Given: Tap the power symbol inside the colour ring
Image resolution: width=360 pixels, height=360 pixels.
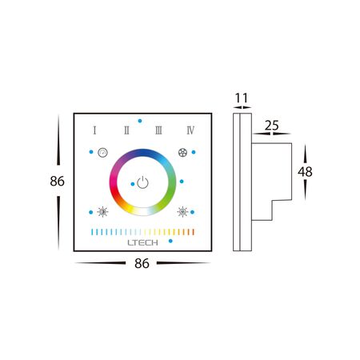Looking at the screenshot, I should click(x=142, y=182).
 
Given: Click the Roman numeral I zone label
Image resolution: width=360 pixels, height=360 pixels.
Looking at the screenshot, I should click(x=94, y=130).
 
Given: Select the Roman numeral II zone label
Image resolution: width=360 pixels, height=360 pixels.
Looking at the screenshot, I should click(x=126, y=130).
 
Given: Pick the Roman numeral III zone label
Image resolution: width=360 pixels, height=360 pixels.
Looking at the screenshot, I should click(x=158, y=130).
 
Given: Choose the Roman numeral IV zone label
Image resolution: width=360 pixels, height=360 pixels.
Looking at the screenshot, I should click(x=190, y=130).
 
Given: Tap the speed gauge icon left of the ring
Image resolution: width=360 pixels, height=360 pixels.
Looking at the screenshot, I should click(x=102, y=151).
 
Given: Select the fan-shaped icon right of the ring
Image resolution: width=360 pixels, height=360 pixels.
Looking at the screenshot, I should click(x=183, y=151).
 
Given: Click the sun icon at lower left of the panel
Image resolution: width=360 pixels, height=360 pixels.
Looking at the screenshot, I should click(x=102, y=212).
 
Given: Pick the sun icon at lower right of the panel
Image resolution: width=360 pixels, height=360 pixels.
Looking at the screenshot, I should click(x=183, y=212).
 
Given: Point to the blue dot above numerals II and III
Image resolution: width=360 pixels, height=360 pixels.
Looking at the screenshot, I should click(x=140, y=121).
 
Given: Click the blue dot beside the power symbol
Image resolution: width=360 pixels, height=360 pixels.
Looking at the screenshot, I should click(x=132, y=183).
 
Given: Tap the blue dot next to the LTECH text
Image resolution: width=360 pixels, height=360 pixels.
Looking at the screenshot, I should click(x=120, y=242).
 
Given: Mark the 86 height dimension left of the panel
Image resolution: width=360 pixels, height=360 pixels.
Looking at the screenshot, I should click(x=57, y=182).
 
